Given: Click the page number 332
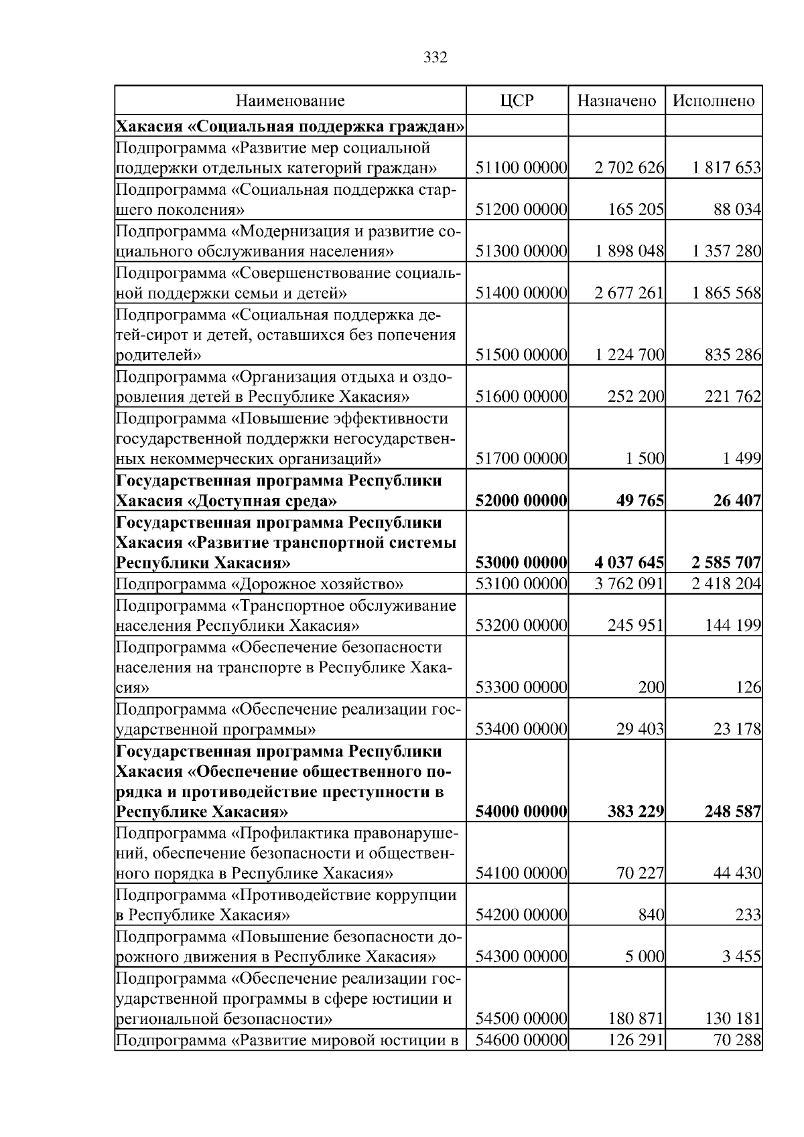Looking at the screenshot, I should pyautogui.click(x=435, y=58).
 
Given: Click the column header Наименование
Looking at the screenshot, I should pyautogui.click(x=290, y=101).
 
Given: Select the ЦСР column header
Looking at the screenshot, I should pyautogui.click(x=517, y=101).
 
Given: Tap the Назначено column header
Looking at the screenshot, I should pyautogui.click(x=616, y=101).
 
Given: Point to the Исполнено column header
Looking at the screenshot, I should pyautogui.click(x=714, y=101).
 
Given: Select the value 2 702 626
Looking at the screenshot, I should pyautogui.click(x=628, y=168).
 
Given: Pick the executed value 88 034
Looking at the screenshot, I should pyautogui.click(x=737, y=210).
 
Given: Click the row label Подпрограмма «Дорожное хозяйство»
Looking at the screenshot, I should pyautogui.click(x=259, y=583).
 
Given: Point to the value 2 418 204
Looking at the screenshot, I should pyautogui.click(x=726, y=583).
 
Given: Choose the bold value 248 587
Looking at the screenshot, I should pyautogui.click(x=732, y=812).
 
